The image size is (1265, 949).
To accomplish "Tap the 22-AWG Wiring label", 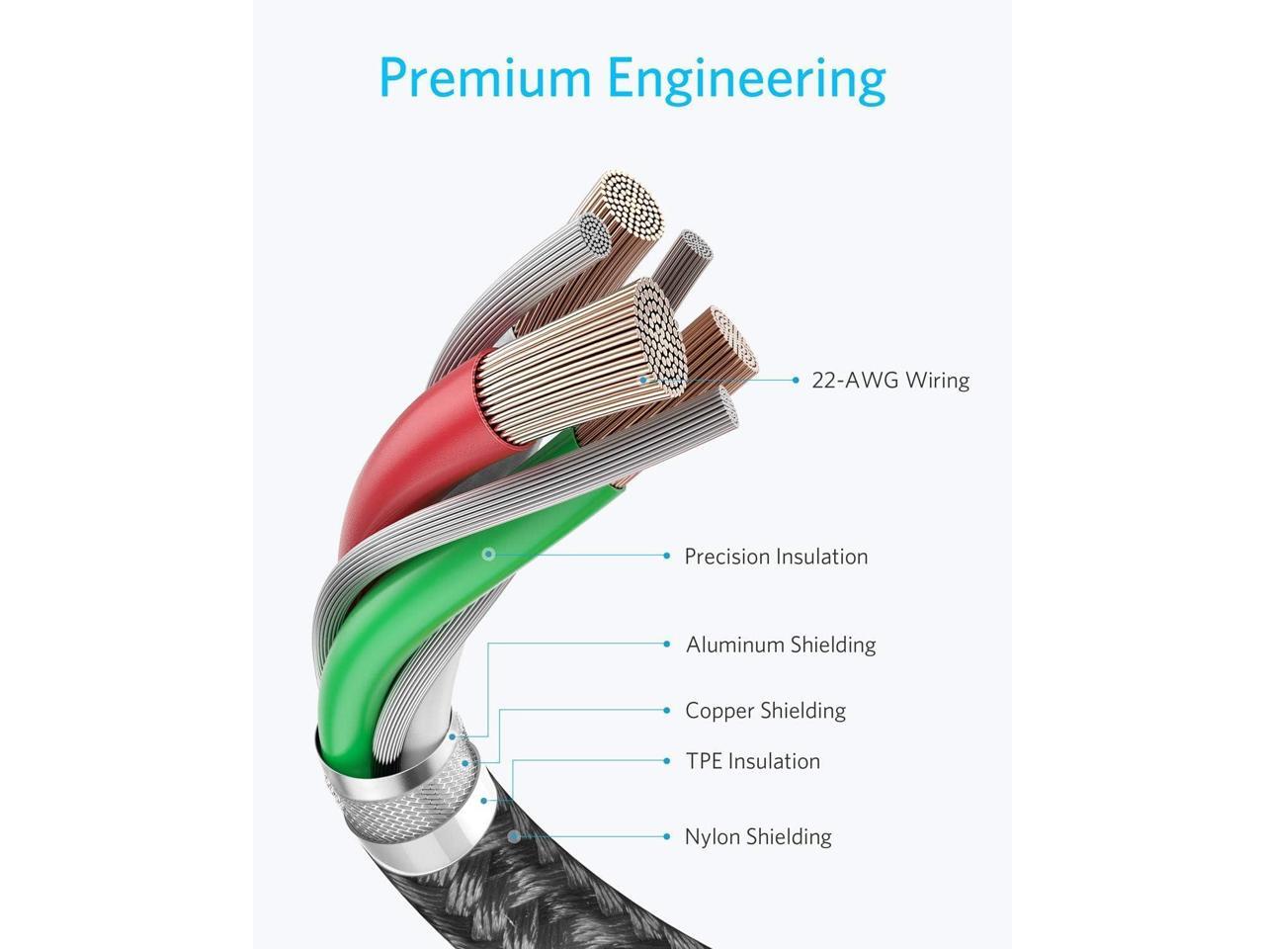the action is click(x=889, y=381).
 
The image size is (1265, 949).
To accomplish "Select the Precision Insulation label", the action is click(x=776, y=557).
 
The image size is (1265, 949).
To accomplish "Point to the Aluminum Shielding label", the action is click(x=781, y=645).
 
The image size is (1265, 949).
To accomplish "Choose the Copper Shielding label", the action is click(x=765, y=711).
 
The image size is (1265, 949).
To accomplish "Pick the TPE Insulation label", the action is click(x=753, y=761).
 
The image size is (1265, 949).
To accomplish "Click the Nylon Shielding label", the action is click(x=758, y=837).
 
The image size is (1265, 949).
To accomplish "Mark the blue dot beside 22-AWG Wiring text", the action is click(x=796, y=380).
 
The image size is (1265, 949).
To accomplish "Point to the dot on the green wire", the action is click(x=487, y=555).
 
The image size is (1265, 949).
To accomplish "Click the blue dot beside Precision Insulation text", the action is click(x=667, y=556).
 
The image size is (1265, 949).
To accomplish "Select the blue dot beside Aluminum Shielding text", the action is click(x=667, y=644).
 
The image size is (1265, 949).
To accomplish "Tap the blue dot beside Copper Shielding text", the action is click(x=667, y=710).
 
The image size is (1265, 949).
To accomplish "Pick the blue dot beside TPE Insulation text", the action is click(x=667, y=760).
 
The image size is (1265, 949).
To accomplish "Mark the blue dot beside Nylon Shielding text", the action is click(x=667, y=836).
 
